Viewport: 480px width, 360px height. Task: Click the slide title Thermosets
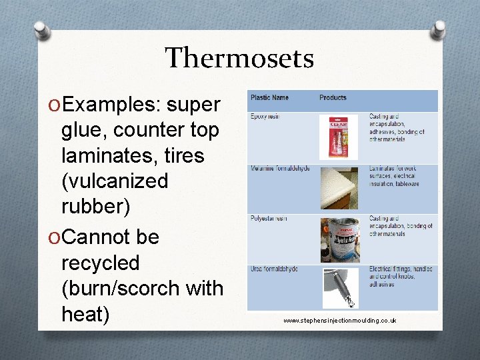click(x=239, y=59)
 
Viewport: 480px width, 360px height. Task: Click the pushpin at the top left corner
click(x=41, y=30)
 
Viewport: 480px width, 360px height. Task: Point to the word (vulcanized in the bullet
click(x=115, y=181)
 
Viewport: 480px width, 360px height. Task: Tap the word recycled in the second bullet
click(x=100, y=263)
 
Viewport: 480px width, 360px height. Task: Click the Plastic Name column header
click(x=269, y=98)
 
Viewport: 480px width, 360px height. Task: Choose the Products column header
click(x=333, y=98)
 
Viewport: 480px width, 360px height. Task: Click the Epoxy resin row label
click(x=265, y=117)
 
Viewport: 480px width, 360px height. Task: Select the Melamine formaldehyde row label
click(x=279, y=169)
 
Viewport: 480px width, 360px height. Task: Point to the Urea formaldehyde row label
click(x=274, y=269)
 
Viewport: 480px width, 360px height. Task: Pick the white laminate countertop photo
click(x=341, y=189)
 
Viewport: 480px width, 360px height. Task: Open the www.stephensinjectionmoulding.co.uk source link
click(x=339, y=321)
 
